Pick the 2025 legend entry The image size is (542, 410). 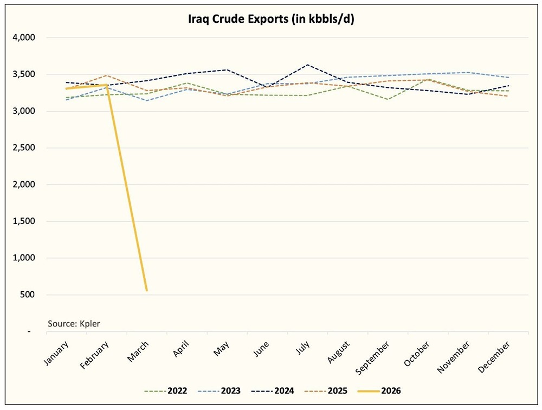[x=335, y=390]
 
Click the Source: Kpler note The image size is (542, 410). [x=74, y=324]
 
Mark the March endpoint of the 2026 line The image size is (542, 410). [x=146, y=290]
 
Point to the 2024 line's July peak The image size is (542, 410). [x=308, y=65]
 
